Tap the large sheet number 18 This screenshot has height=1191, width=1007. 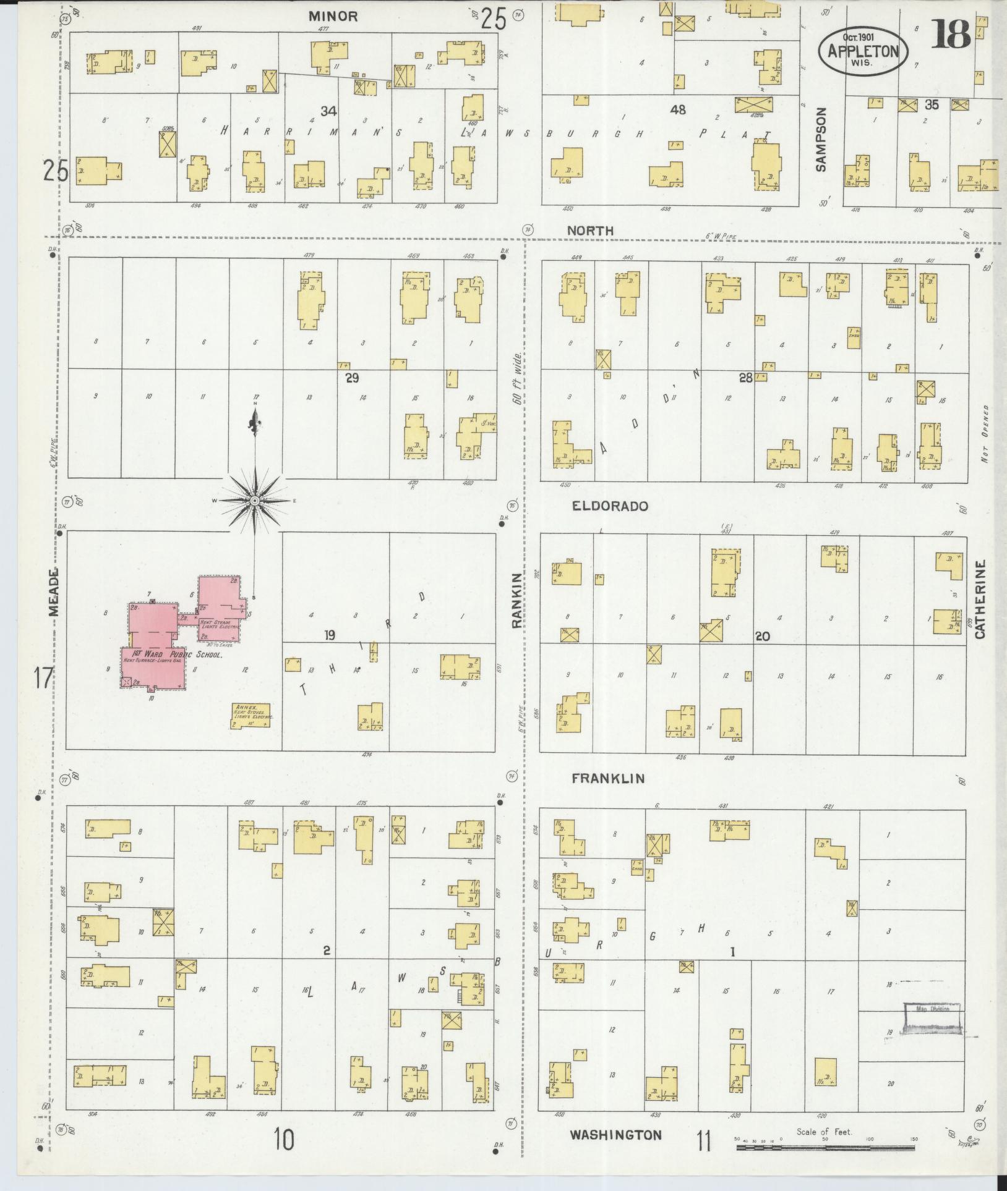951,34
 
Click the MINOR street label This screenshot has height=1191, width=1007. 333,16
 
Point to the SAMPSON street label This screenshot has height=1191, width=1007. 820,139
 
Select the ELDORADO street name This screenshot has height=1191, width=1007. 609,506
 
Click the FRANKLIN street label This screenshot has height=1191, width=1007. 607,779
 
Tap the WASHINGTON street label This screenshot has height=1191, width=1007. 615,1135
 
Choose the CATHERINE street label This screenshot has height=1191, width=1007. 979,599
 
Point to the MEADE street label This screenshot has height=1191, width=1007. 54,591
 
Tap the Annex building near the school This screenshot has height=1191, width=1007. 251,716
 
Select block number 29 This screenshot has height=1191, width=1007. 352,377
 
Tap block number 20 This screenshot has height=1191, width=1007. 762,635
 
